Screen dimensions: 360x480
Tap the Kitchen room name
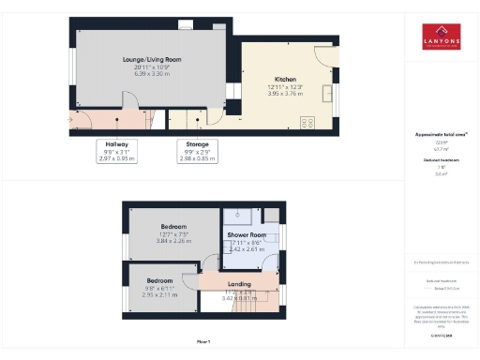click(286, 79)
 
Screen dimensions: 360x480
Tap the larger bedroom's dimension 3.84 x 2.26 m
click(173, 241)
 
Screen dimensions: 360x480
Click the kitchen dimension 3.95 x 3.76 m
click(286, 93)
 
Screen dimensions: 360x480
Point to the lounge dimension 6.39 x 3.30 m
click(152, 73)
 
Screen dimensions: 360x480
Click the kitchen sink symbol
click(327, 92)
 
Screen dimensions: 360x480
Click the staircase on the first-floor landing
click(248, 300)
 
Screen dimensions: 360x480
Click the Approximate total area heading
click(442, 135)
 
